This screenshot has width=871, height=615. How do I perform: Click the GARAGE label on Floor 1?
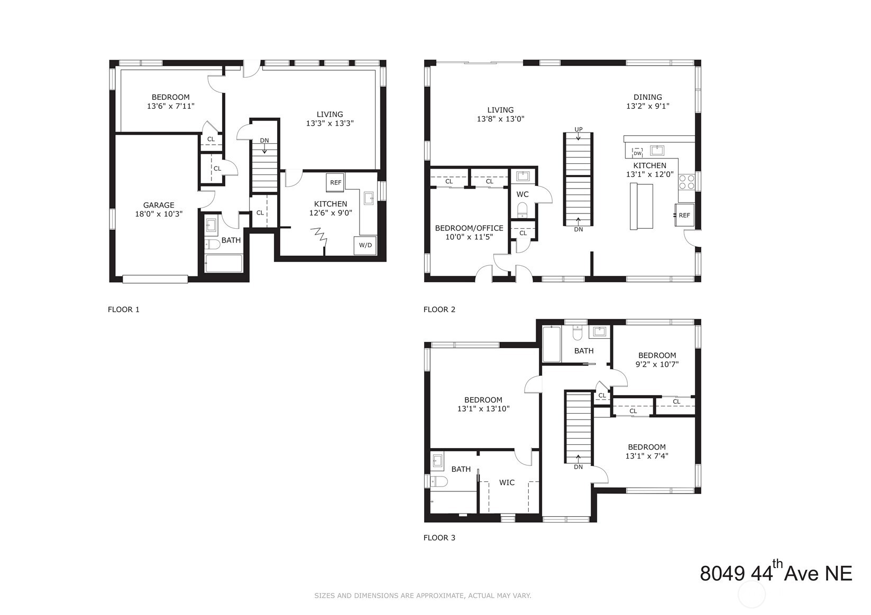pos(159,206)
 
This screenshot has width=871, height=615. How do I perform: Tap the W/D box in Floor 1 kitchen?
pos(365,245)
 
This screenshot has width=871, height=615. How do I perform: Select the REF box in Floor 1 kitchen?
pos(336,183)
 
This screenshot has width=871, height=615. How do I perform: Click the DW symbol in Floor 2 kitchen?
pos(637,153)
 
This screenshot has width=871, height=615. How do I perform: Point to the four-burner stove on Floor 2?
pos(686,182)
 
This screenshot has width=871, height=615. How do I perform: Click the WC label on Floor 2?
pos(522,194)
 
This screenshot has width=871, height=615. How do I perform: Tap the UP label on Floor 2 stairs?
pos(579,129)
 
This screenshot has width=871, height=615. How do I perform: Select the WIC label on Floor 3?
pos(507,482)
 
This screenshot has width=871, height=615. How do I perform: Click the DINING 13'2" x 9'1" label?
pos(647,101)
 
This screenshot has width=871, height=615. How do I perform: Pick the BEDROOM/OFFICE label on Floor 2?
pos(469,228)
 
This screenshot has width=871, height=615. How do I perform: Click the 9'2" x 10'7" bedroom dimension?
pos(657,364)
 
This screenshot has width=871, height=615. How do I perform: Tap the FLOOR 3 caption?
pos(439,538)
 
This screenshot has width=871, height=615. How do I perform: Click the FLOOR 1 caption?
pos(123,310)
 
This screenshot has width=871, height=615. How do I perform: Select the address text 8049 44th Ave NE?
pos(776,573)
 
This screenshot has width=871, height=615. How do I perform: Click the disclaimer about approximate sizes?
pos(423,595)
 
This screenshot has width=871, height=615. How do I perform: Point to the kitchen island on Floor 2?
pos(641,206)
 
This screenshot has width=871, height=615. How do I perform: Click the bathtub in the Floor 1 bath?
pos(224,263)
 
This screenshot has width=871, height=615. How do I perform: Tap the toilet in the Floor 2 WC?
pos(522,210)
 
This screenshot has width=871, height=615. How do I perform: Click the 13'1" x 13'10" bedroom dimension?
pos(483,408)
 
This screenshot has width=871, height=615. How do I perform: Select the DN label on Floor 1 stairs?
pos(264,141)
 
